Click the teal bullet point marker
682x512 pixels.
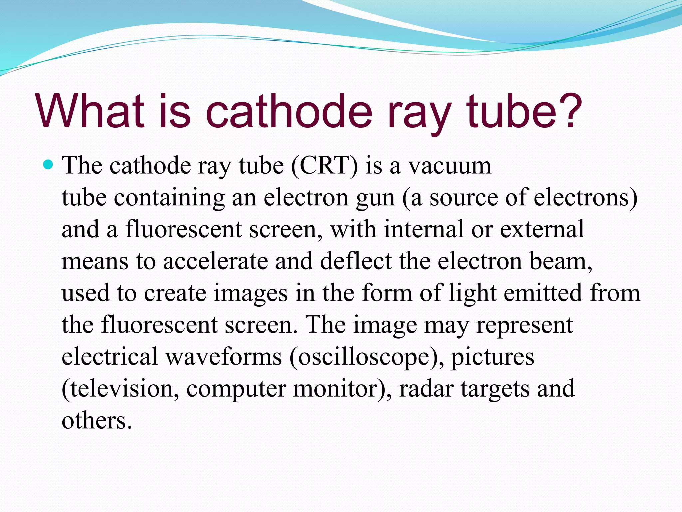49,165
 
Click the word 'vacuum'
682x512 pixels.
450,166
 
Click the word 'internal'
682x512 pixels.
424,229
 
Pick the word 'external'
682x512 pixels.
542,229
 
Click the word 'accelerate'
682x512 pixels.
215,261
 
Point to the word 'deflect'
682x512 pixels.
356,261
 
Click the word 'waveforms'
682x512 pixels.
223,357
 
